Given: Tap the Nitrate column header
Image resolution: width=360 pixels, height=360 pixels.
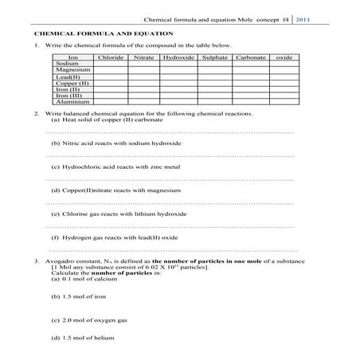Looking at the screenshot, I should click(x=143, y=57).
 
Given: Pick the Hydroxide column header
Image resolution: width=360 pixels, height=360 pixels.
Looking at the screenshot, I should click(x=178, y=57).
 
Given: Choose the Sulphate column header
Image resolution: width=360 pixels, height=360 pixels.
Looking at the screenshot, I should click(x=215, y=57).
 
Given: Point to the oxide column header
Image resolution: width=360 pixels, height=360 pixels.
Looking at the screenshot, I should click(x=284, y=57).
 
